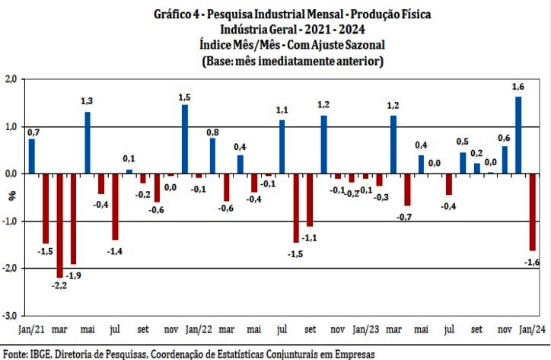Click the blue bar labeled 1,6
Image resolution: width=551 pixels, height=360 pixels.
click(518, 135)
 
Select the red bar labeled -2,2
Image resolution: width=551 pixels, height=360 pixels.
click(59, 226)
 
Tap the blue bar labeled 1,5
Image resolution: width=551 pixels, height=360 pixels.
click(185, 139)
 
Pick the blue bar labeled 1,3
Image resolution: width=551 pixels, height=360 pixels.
click(88, 143)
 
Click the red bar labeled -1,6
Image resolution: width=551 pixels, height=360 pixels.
click(532, 212)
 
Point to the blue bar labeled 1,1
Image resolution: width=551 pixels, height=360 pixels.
click(282, 147)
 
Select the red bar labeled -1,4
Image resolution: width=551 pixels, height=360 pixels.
click(116, 207)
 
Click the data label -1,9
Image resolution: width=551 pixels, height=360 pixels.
click(74, 276)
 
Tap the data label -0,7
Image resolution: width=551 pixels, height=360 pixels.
click(403, 218)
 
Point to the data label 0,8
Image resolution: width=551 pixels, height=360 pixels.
click(213, 132)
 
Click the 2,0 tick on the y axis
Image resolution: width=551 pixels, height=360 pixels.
click(11, 80)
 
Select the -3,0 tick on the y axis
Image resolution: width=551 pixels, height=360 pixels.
click(9, 316)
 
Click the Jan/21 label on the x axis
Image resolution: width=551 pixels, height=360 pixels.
click(31, 331)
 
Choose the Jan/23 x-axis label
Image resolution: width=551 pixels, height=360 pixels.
click(365, 331)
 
